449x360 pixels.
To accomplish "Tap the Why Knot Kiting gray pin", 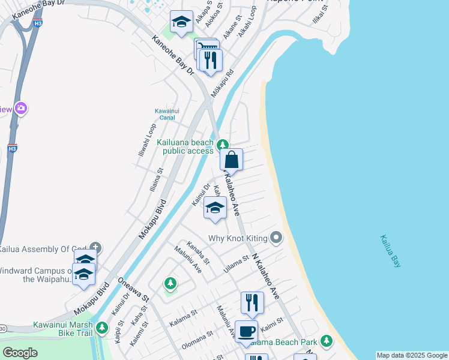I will tap(276, 238).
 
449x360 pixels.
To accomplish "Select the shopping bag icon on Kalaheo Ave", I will tap(231, 160).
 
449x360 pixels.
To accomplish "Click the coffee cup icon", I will tap(247, 332).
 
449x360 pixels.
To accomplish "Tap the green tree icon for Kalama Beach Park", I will tap(326, 341).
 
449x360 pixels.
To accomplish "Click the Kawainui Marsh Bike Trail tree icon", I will tap(102, 328).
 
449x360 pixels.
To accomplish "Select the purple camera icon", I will tap(22, 109).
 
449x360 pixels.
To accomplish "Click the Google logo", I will tap(20, 353).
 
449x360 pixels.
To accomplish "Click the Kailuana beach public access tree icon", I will tap(223, 144).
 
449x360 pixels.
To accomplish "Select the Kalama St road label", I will tap(183, 314).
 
